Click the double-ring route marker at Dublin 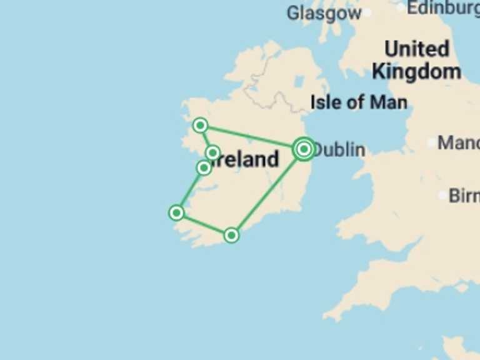point(304,149)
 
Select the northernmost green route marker point(200,126)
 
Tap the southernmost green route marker point(231,235)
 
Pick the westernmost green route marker point(177,212)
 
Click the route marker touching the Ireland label point(212,152)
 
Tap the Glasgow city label point(324,12)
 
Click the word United point(416,49)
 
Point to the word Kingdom point(416,71)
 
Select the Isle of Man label point(359,102)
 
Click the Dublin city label point(339,150)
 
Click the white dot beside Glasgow point(367,12)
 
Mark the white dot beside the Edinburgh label point(401,7)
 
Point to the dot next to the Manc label point(431,142)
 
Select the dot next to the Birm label point(442,196)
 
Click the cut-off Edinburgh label point(444,8)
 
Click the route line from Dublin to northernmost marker point(250,137)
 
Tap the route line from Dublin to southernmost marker point(267,192)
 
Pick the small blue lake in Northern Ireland point(299,82)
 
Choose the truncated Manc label point(458,142)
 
